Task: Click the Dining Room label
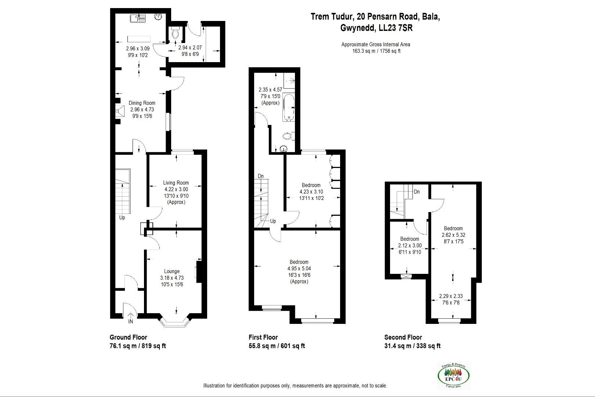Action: point(142,103)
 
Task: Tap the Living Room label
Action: point(176,183)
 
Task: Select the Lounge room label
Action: point(172,271)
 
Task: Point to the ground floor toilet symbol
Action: point(175,34)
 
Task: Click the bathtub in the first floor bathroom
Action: point(288,107)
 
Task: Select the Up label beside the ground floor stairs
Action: point(122,218)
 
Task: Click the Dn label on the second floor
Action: point(416,192)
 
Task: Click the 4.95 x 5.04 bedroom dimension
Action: point(299,268)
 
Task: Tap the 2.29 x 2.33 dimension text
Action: point(451,296)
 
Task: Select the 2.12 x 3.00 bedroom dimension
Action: point(410,246)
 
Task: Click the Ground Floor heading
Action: point(128,337)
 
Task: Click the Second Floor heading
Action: point(403,337)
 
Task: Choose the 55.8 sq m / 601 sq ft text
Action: point(277,346)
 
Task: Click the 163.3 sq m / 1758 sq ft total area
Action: point(376,51)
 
